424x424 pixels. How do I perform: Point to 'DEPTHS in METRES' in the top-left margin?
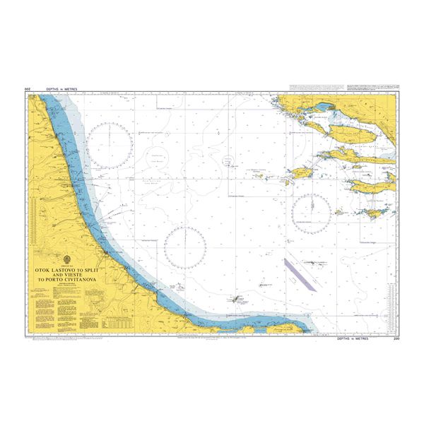coord(59,90)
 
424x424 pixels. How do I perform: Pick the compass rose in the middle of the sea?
coord(185,247)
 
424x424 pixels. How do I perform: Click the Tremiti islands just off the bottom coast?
coord(235,299)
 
